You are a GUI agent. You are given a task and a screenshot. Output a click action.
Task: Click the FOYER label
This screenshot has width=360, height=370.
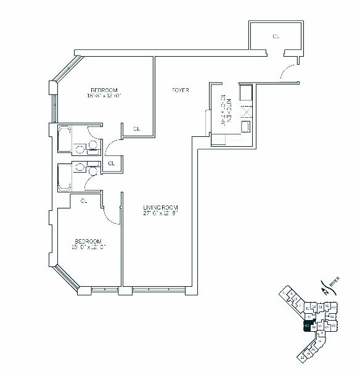[x=180, y=91]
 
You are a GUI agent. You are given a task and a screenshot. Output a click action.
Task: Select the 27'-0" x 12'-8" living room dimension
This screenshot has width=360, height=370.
[x=160, y=213]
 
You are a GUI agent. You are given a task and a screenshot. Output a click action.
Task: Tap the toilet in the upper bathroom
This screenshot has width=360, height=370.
[x=92, y=145]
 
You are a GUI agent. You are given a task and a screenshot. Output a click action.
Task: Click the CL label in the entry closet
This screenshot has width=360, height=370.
[x=276, y=37]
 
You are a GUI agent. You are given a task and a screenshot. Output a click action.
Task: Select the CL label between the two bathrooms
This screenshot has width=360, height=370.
[x=112, y=163]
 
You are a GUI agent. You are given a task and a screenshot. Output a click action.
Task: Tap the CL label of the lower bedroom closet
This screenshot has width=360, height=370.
[x=84, y=200]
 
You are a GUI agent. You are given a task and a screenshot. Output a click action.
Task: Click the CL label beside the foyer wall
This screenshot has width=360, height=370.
[x=137, y=129]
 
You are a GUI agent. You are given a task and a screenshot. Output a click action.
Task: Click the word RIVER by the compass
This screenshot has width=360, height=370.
[x=333, y=283]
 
